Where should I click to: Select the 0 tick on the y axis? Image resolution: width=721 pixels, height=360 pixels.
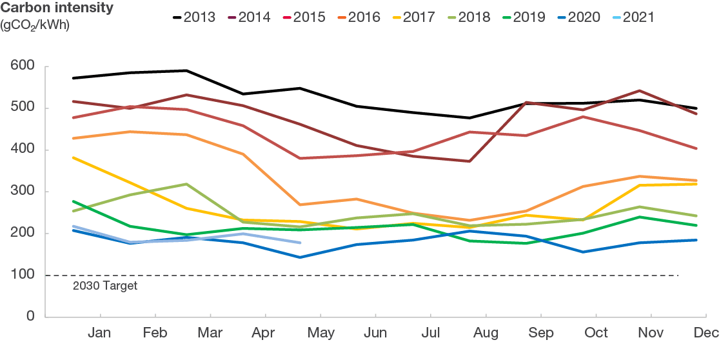30,317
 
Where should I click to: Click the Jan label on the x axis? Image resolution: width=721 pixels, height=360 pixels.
99,333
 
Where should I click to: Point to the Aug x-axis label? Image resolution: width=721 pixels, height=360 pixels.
486,333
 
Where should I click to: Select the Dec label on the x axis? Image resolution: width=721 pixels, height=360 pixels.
707,333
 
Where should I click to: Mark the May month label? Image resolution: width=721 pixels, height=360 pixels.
321,333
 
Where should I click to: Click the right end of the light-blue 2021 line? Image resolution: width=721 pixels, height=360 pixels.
301,243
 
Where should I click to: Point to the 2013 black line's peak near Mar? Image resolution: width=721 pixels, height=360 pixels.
186,70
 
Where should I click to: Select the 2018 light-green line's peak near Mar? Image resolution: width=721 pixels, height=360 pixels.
186,184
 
